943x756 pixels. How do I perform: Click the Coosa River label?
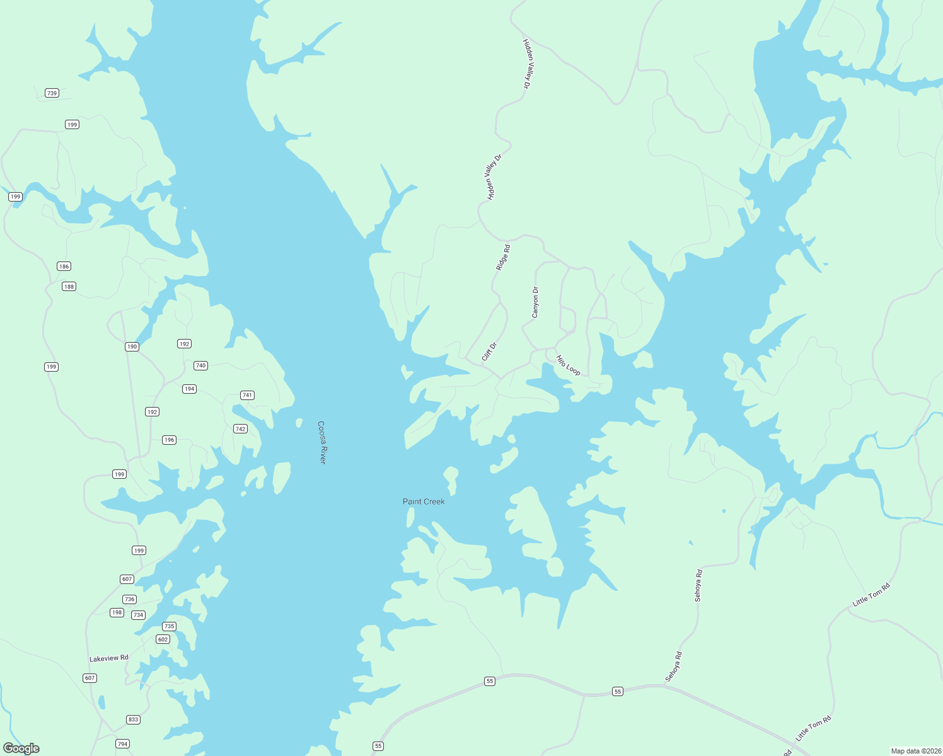[x=322, y=442]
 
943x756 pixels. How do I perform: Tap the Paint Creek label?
[x=424, y=501]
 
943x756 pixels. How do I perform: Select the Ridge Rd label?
[x=503, y=258]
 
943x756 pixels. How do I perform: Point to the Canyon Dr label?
[x=535, y=302]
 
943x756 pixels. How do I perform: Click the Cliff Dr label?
[x=490, y=352]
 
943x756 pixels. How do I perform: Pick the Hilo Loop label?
[x=568, y=365]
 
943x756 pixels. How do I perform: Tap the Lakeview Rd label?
[x=109, y=658]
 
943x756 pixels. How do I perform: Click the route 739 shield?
[x=52, y=93]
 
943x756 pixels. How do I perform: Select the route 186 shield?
[x=64, y=266]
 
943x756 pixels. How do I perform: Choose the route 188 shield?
[x=69, y=287]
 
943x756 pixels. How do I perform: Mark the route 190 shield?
[x=132, y=346]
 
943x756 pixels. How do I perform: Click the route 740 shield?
[x=200, y=365]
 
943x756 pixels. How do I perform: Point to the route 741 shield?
[x=247, y=396]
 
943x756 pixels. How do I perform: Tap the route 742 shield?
[x=240, y=429]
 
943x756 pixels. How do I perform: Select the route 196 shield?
[x=169, y=440]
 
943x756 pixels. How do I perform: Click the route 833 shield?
[x=133, y=719]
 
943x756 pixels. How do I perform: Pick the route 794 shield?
[x=123, y=744]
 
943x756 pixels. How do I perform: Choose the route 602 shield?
[x=163, y=639]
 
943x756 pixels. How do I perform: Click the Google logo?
[x=21, y=748]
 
